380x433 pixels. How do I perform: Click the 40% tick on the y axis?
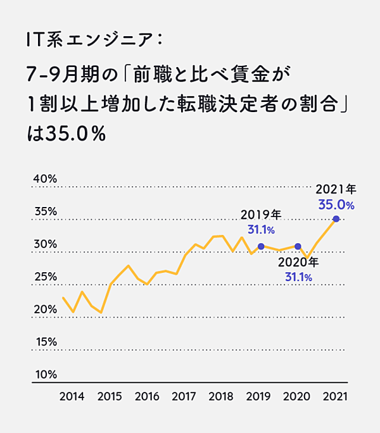45,179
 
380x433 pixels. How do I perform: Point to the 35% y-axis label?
45,211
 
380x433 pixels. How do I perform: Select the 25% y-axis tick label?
45,277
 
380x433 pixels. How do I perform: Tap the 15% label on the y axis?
45,342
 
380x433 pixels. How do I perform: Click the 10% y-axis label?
45,375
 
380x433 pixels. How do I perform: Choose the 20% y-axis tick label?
45,310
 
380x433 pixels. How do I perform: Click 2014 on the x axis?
72,398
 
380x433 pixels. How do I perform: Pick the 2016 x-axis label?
147,398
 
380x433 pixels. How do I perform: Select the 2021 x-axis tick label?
334,398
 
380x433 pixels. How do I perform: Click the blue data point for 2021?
336,219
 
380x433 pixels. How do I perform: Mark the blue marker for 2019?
261,246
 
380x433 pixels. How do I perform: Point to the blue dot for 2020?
298,246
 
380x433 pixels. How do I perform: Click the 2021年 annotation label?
336,189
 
